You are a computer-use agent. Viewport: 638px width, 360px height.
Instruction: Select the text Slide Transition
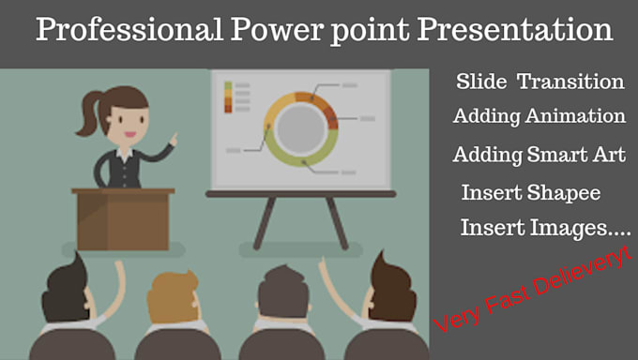click(x=539, y=82)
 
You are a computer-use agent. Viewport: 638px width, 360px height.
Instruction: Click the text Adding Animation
click(x=539, y=117)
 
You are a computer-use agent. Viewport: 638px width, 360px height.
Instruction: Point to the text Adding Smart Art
click(x=539, y=154)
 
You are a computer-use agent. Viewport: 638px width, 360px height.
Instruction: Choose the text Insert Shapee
click(x=530, y=192)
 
